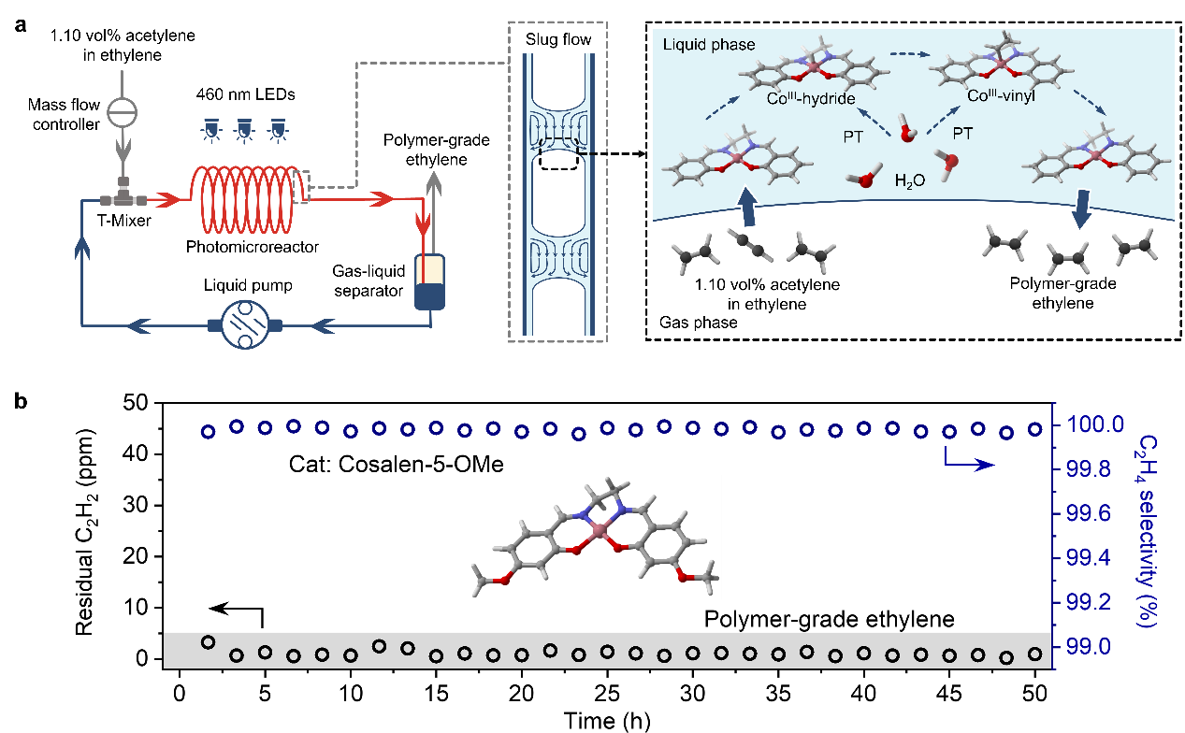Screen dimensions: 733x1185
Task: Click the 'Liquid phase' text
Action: point(709,45)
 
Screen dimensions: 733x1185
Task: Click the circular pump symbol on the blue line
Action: point(243,325)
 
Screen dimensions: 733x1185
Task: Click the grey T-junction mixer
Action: point(123,198)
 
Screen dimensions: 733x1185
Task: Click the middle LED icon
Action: point(243,130)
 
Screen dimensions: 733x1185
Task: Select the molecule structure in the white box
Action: point(595,536)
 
